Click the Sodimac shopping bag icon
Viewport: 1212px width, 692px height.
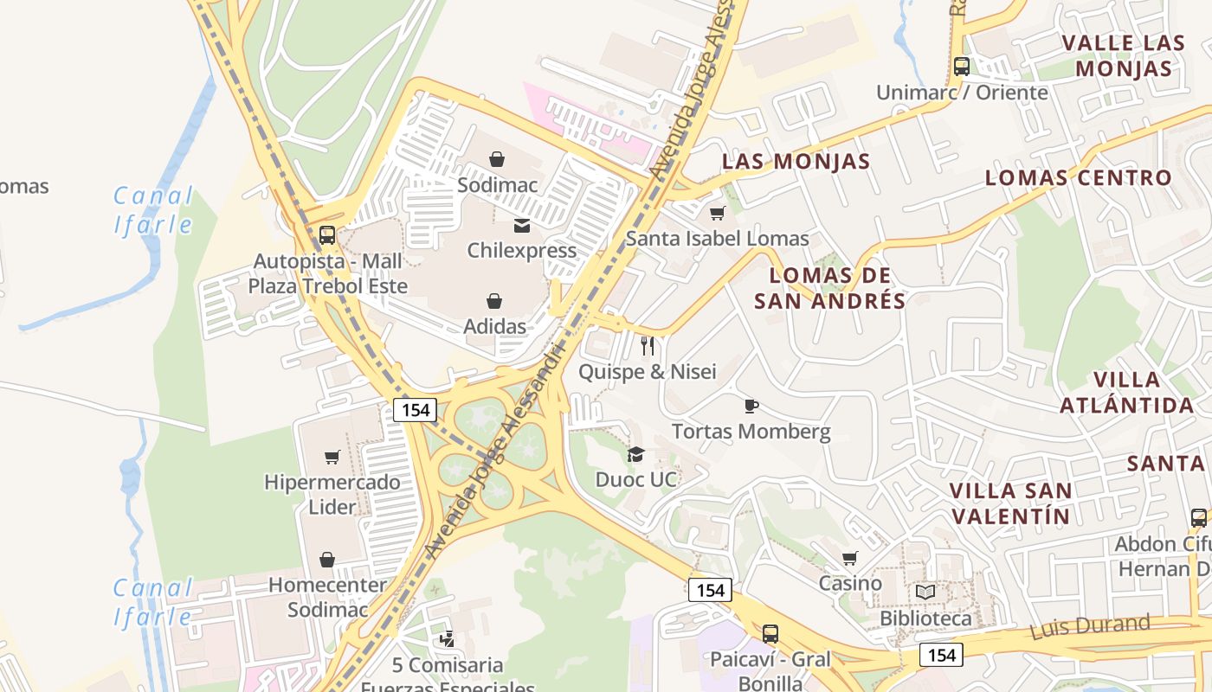(497, 159)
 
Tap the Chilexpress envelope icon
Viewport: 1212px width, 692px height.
(522, 226)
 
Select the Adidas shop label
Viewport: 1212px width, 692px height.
(494, 326)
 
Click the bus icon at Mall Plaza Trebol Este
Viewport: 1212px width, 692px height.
(327, 234)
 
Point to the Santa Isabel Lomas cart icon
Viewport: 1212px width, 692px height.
(717, 213)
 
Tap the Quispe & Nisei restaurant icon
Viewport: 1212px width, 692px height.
(648, 346)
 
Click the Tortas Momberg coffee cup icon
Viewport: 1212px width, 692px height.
(751, 406)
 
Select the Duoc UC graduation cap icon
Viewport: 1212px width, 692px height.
(635, 454)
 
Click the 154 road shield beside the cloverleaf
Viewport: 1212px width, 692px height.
(416, 410)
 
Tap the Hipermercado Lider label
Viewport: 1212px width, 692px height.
(332, 494)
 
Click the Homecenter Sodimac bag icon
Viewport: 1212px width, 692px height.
(327, 560)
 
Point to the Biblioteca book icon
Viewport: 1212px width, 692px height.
(925, 593)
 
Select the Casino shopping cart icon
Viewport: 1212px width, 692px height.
(850, 558)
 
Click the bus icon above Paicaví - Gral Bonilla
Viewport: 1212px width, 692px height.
(770, 633)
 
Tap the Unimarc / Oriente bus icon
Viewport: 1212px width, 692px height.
(961, 66)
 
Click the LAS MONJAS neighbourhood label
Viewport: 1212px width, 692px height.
(796, 161)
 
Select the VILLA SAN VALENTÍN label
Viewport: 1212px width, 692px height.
(1010, 503)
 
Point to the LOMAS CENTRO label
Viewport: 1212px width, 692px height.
(1078, 177)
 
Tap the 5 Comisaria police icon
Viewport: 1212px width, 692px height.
(447, 639)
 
